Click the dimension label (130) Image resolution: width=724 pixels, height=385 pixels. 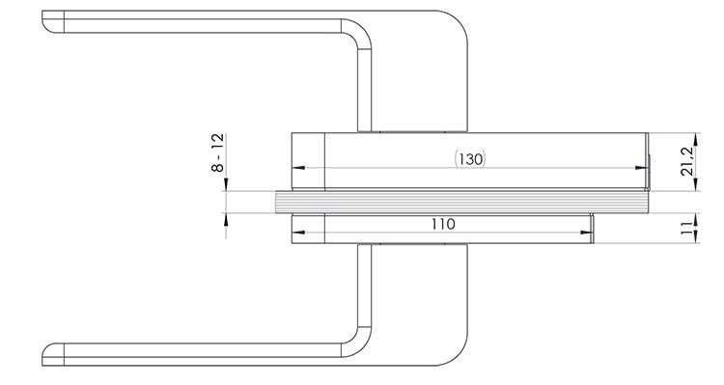[x=470, y=159]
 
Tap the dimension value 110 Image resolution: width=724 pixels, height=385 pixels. [x=443, y=225]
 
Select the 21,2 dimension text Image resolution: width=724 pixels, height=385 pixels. [x=687, y=162]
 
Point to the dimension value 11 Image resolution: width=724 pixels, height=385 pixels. [x=687, y=227]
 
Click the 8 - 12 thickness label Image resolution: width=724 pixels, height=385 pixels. [x=217, y=152]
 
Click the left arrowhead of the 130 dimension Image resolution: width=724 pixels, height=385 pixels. [x=298, y=168]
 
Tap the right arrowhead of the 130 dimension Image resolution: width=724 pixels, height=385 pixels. [x=642, y=168]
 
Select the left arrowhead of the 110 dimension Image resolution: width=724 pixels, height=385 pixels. [x=298, y=233]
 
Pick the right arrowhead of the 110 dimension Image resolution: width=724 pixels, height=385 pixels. [x=586, y=233]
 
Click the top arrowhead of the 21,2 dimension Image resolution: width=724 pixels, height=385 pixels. [x=696, y=139]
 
